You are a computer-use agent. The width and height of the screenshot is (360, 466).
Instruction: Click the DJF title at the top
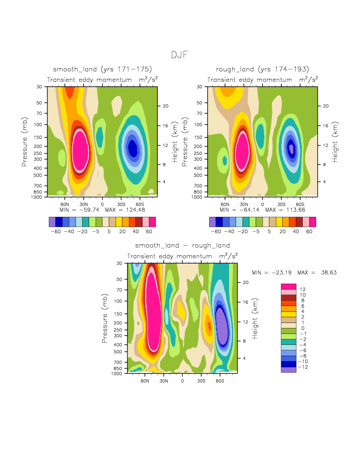click(180, 55)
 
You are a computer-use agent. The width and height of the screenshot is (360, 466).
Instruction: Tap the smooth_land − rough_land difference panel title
click(182, 245)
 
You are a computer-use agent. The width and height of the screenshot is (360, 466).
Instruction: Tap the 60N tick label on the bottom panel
click(145, 381)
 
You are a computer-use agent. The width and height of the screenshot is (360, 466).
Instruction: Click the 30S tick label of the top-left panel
click(121, 204)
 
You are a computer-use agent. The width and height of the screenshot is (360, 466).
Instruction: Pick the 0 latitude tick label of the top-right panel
click(262, 204)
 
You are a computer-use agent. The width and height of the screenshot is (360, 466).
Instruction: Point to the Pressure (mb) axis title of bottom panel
click(105, 318)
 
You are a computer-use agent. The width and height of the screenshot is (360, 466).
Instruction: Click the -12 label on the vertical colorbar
click(304, 367)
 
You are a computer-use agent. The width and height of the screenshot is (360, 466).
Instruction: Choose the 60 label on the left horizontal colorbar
click(149, 232)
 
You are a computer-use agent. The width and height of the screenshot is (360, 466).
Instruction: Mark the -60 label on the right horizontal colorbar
click(216, 232)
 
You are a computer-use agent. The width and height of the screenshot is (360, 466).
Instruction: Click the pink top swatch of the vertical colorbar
click(288, 286)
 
